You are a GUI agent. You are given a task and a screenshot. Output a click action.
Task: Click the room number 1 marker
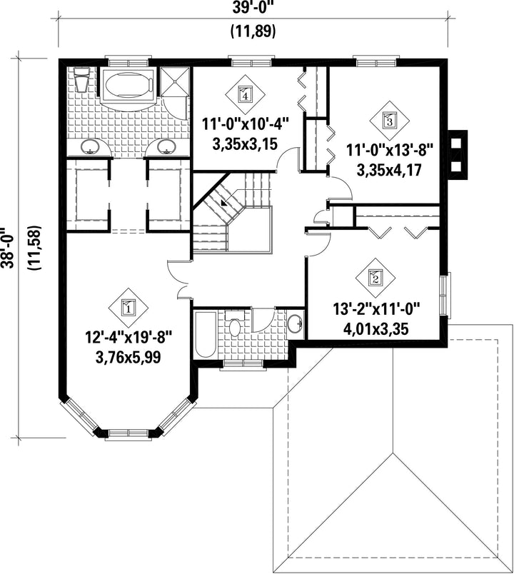128,307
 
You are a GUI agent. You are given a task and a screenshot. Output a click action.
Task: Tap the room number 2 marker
376,278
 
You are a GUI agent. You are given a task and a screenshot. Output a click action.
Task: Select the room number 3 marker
389,120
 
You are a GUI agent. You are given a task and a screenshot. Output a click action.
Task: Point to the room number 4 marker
245,94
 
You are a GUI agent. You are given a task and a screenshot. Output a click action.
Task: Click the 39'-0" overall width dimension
253,9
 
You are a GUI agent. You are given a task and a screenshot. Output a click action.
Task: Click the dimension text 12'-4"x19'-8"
128,336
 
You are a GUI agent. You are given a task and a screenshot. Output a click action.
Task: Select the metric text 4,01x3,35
376,329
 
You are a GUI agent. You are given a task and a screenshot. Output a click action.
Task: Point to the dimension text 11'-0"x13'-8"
390,150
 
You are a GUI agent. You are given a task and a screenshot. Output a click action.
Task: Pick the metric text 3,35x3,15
245,144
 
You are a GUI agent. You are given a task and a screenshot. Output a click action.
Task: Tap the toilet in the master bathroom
81,79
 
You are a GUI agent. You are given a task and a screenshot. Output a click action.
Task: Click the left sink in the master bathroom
91,147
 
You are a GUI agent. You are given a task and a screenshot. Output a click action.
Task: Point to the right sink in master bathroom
167,147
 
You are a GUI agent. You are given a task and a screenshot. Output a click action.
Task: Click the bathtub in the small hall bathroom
205,334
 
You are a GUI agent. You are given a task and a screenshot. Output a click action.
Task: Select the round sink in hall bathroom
295,323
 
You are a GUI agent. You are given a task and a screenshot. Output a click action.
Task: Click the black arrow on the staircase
223,203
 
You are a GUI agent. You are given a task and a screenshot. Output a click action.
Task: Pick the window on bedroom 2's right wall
445,295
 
